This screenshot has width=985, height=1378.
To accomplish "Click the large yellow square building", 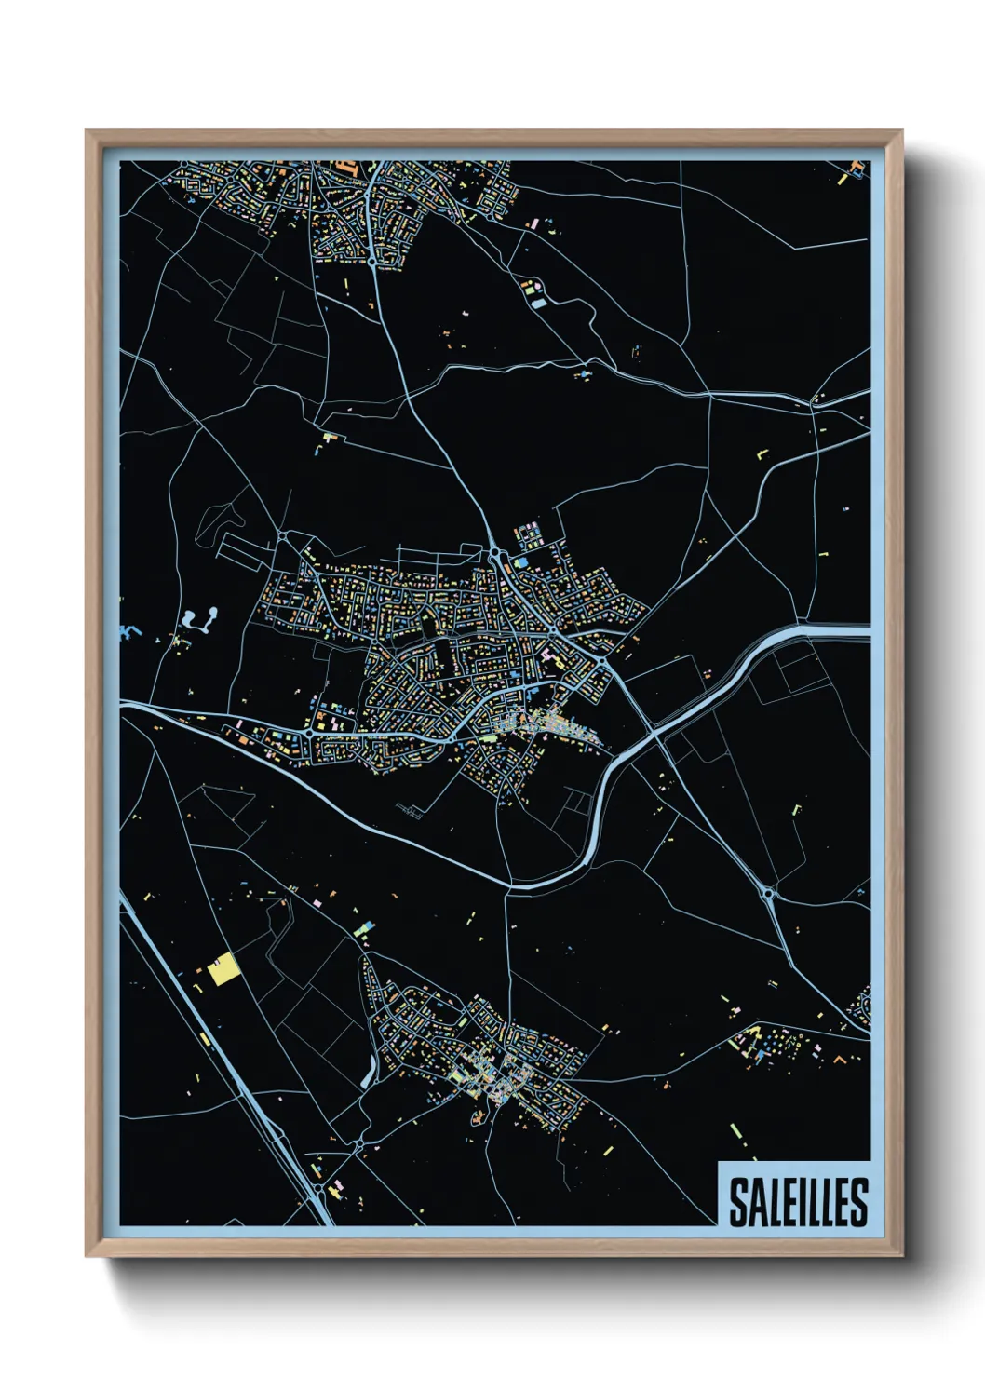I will point(223,970).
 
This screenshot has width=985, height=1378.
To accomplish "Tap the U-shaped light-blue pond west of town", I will point(199,618).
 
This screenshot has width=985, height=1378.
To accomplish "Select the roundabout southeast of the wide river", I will point(768,894).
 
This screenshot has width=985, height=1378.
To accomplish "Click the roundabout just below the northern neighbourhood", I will point(372,263).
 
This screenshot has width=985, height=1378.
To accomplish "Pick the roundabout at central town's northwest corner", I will point(282,536).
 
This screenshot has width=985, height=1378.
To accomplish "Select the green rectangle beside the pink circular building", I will point(538,302).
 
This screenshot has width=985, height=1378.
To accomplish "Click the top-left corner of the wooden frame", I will point(87,131).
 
